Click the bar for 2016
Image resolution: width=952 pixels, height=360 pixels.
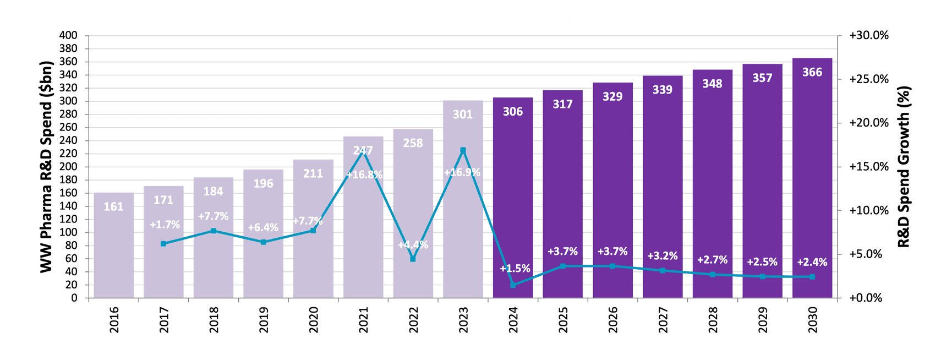click(114, 248)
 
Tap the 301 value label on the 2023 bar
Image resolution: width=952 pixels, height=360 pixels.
click(463, 114)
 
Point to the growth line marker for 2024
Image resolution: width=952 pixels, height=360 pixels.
click(513, 285)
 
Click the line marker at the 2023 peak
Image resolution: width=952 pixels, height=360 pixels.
click(463, 150)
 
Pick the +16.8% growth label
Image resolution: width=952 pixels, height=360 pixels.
click(364, 175)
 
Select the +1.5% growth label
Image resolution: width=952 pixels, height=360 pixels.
click(515, 269)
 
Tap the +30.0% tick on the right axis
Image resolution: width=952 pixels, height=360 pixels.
click(869, 36)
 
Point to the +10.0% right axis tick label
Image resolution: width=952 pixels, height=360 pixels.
click(869, 211)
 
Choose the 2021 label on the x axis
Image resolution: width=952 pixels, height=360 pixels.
click(364, 320)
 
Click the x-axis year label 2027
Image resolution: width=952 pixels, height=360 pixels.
click(663, 320)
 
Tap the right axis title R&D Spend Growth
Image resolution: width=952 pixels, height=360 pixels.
click(904, 166)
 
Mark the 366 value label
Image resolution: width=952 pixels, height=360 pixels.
click(812, 73)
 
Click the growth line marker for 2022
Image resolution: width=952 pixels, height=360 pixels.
click(413, 259)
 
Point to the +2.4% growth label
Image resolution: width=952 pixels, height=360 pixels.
click(812, 263)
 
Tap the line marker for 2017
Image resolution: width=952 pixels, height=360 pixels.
click(163, 244)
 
